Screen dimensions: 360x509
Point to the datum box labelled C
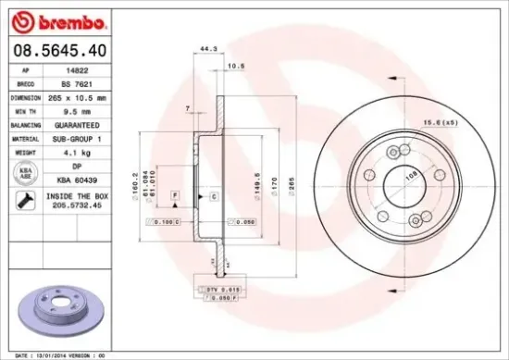click(213, 197)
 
